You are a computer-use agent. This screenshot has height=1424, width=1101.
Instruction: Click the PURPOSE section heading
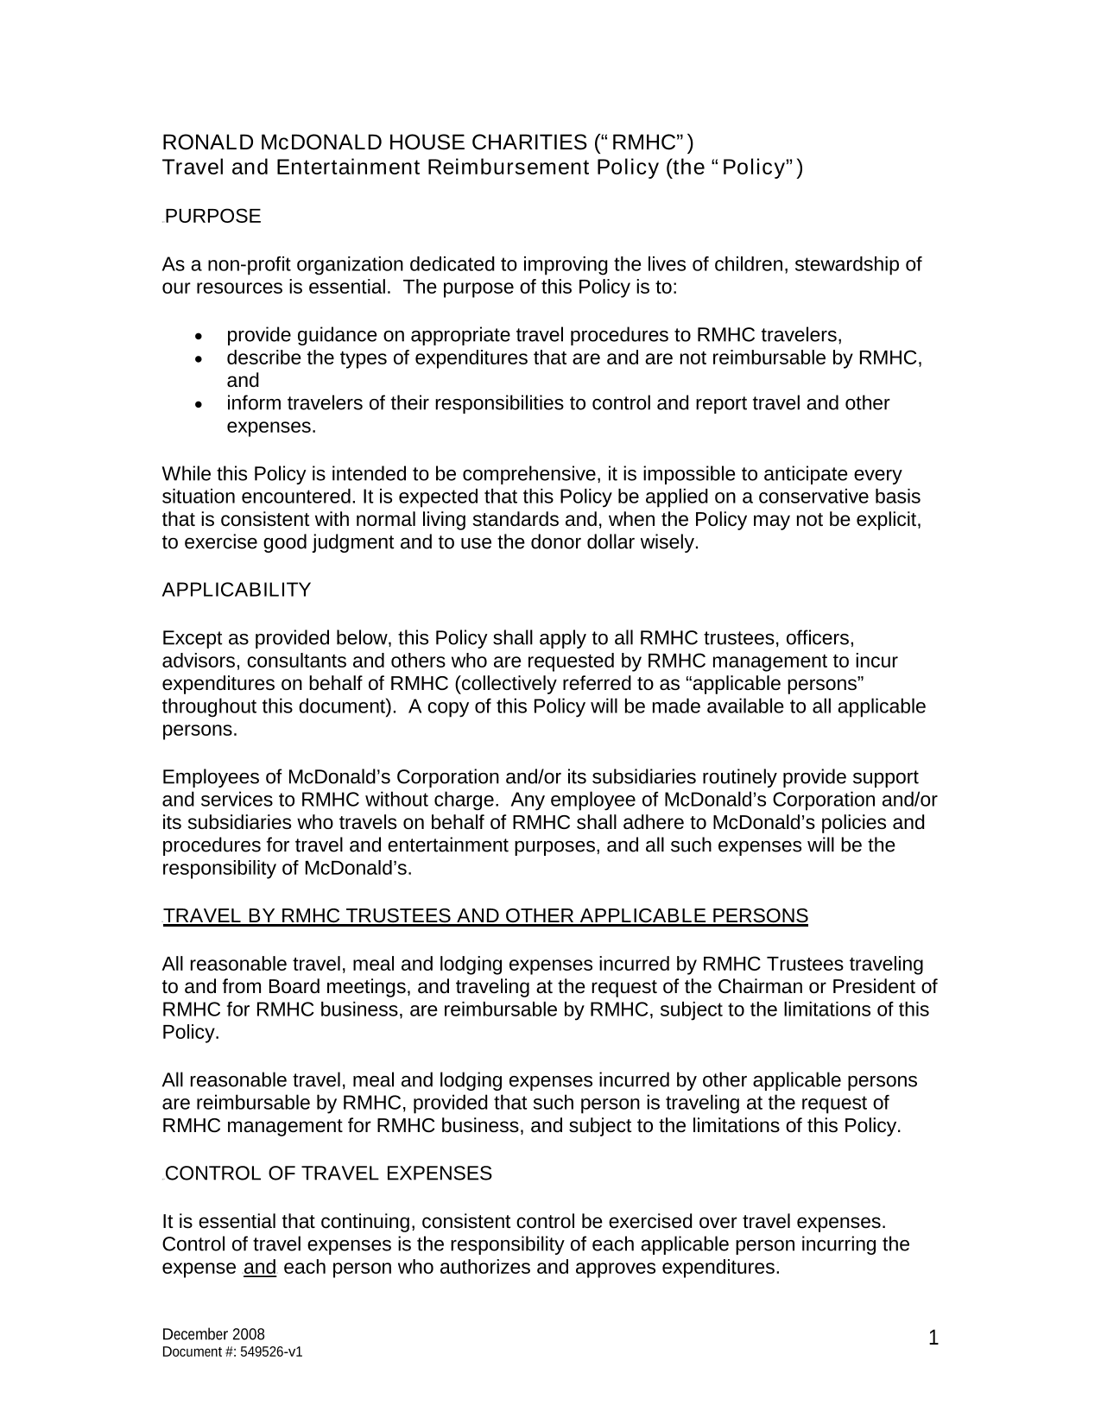point(212,217)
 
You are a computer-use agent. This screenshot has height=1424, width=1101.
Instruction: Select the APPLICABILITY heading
point(236,591)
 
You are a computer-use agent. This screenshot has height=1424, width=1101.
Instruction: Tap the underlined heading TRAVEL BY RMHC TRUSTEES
point(485,916)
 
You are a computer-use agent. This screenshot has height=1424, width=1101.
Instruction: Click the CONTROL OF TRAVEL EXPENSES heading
point(328,1174)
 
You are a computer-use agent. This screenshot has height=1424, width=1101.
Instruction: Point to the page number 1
point(933,1339)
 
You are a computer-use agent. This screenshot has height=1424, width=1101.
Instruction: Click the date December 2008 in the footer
point(213,1334)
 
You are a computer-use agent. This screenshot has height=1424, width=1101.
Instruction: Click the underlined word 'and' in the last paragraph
point(260,1268)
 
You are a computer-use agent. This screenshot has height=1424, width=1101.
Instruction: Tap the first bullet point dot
point(199,335)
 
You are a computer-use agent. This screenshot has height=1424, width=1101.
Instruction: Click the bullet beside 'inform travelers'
point(199,404)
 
